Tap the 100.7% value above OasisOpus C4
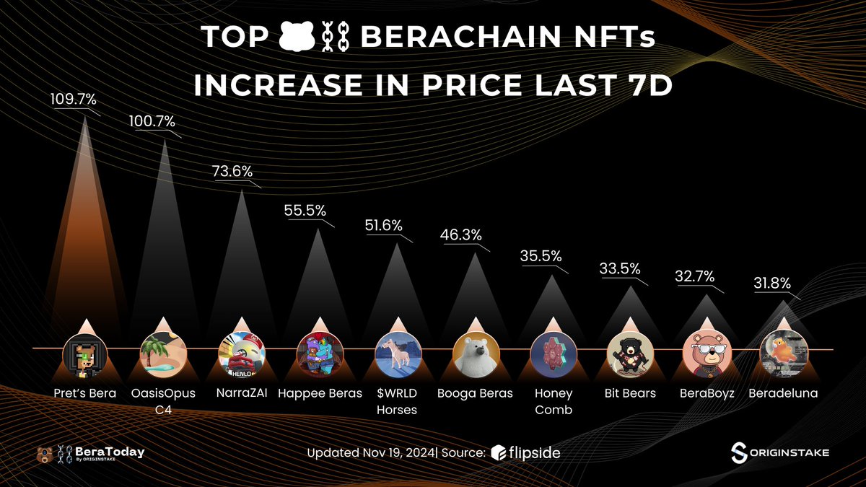[152, 122]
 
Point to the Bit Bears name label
[629, 393]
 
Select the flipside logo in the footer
[525, 453]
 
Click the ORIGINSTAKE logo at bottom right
[779, 452]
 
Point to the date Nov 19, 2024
[398, 453]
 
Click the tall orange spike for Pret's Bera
[86, 216]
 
